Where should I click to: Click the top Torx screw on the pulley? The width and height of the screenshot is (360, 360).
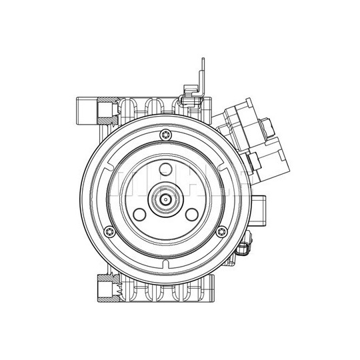(166, 135)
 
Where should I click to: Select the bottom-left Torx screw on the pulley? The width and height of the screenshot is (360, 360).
(109, 232)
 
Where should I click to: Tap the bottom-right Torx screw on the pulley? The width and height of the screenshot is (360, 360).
(222, 232)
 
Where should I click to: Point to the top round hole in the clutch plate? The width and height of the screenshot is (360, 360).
(166, 169)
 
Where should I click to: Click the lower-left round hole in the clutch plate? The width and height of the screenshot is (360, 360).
(139, 214)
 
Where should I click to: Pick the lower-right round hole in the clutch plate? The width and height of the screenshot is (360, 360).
(192, 214)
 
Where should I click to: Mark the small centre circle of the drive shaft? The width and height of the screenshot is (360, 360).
(166, 199)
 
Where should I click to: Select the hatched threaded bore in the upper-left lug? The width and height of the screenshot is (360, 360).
(107, 111)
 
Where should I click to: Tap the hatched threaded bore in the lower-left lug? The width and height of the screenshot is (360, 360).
(107, 288)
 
